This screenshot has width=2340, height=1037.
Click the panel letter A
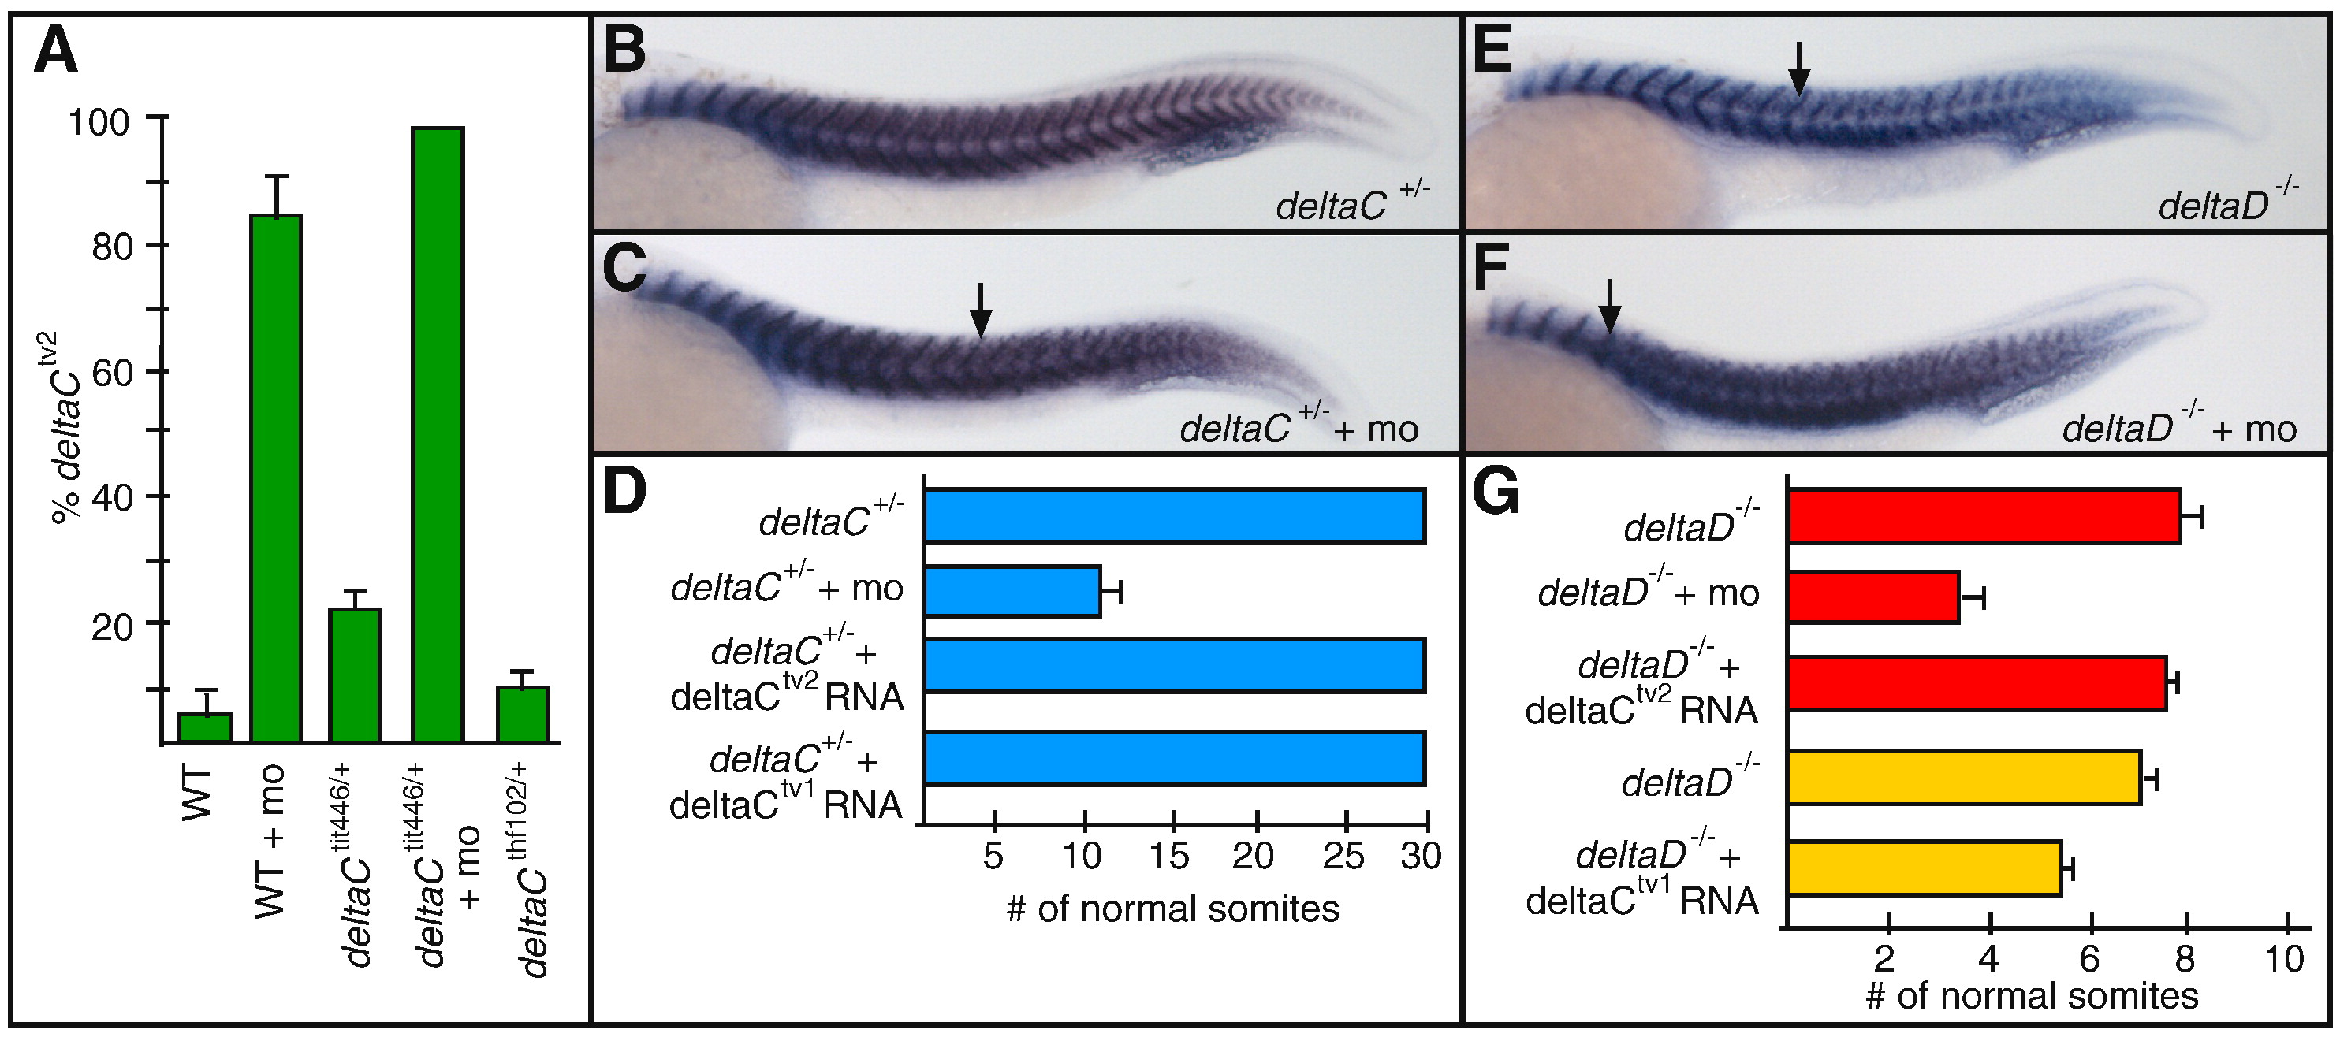click(55, 52)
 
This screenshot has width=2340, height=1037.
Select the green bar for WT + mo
click(276, 478)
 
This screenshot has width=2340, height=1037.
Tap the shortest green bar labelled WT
click(204, 727)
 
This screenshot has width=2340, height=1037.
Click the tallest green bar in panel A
click(438, 435)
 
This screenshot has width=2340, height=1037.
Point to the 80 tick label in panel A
click(112, 246)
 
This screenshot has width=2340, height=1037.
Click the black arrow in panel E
click(1798, 68)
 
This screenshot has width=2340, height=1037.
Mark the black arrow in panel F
click(1608, 306)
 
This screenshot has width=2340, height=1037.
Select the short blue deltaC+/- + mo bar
click(1012, 591)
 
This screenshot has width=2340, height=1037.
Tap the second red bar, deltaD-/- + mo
click(1873, 597)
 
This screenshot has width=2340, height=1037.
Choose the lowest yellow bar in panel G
click(1924, 869)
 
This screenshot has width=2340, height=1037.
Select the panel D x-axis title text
click(1172, 909)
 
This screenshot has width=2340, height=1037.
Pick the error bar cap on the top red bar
click(2201, 518)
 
